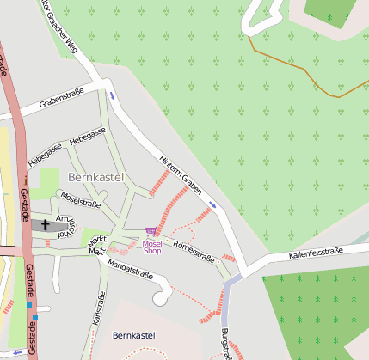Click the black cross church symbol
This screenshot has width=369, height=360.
[45, 225]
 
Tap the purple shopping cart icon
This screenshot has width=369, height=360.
[151, 231]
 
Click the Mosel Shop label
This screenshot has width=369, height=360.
[151, 247]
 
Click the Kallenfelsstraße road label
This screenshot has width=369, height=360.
[316, 253]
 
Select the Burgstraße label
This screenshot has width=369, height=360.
[226, 344]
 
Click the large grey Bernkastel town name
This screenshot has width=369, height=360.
[95, 177]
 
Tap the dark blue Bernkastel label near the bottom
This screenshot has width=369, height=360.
[136, 334]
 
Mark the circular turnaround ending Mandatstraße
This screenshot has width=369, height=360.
[159, 297]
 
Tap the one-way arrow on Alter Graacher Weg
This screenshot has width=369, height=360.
[111, 95]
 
